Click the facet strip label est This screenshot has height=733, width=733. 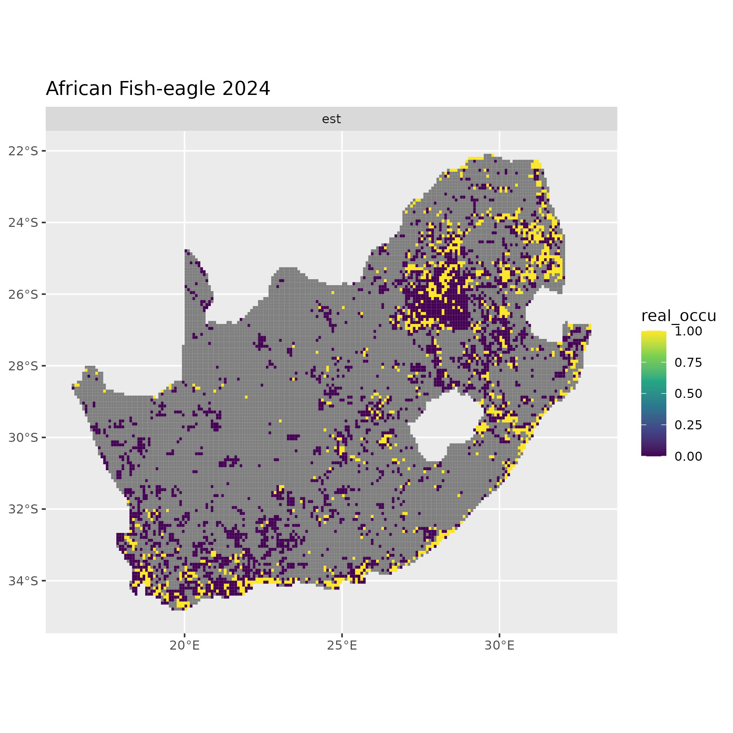[x=331, y=119]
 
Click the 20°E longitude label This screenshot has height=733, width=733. [x=184, y=645]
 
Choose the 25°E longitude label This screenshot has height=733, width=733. [x=342, y=645]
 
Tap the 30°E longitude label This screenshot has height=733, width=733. [x=499, y=645]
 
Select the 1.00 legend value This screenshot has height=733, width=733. [x=688, y=331]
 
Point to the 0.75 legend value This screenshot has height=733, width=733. [x=688, y=363]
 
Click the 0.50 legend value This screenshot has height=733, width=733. [x=688, y=394]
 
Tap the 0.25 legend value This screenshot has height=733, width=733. [x=688, y=425]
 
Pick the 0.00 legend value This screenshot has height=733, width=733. [x=688, y=457]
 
